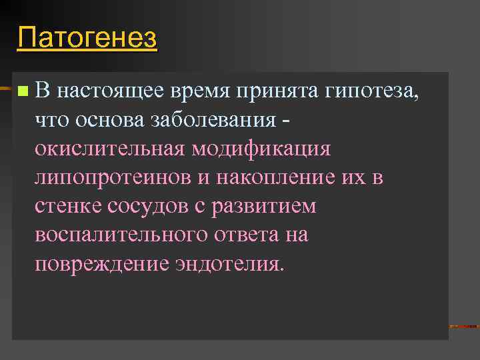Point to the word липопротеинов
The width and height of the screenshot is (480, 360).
click(119, 178)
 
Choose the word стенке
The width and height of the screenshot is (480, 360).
click(65, 207)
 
